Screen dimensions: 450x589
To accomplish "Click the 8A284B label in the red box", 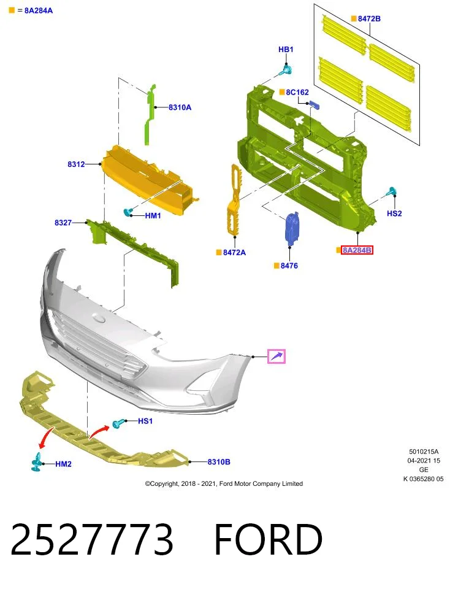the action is point(357,250).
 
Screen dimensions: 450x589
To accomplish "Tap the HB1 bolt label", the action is point(286,50).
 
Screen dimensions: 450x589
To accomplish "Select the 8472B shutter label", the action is point(369,18).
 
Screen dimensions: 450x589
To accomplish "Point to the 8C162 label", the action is point(297,92).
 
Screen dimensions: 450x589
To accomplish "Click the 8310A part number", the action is point(180,107).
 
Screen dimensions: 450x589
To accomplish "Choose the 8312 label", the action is point(76,164).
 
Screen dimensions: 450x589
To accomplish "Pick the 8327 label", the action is point(63,223).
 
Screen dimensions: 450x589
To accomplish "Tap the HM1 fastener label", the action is point(153,215).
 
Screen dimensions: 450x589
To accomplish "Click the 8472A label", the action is point(234,252).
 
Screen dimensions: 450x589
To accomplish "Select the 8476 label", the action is point(289,266).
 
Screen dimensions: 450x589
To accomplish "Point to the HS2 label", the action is point(394,214).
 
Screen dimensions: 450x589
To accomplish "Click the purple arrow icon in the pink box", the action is point(276,356).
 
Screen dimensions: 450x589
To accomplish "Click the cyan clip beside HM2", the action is point(37,462).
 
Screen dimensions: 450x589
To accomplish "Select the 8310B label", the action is point(219,461).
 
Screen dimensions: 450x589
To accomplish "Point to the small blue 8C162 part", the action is point(314,105).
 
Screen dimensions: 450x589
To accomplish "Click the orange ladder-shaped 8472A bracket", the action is point(234,201).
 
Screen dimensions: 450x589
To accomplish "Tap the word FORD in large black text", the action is point(269,539).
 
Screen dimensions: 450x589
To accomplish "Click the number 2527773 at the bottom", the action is point(92,539).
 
